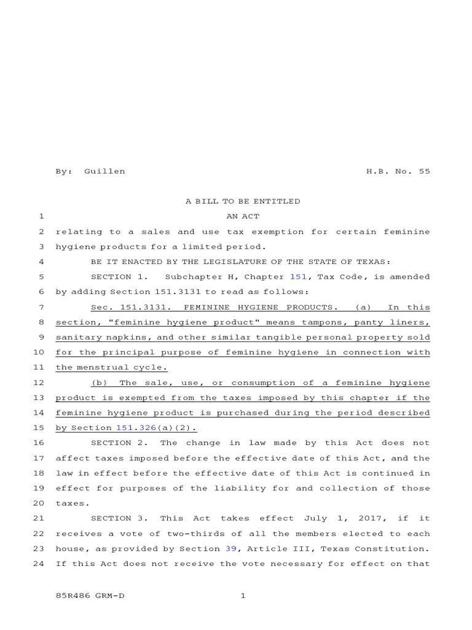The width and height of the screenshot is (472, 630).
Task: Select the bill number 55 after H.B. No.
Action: tap(424, 171)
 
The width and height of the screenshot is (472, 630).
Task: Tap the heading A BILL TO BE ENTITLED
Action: tap(243, 201)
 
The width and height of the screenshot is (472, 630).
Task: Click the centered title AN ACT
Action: tap(243, 217)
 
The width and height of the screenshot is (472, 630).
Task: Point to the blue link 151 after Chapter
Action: tap(298, 277)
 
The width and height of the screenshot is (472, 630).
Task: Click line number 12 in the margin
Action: tap(38, 383)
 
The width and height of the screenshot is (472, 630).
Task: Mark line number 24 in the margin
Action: tap(38, 564)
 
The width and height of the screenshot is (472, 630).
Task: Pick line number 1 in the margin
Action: tap(41, 217)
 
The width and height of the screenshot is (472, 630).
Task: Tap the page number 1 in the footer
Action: tap(243, 596)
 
